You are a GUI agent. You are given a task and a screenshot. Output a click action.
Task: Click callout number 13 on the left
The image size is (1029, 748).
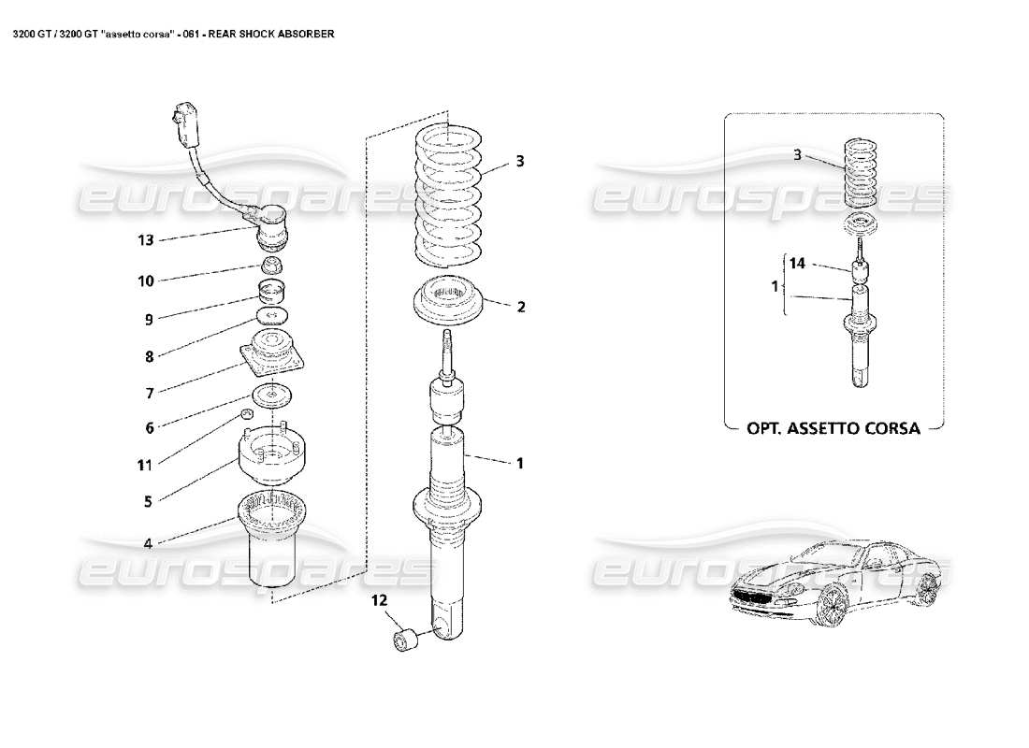point(145,240)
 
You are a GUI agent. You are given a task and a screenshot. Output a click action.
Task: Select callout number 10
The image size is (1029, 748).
point(147,280)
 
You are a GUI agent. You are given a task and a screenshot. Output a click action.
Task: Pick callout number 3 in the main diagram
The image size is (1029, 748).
point(520,162)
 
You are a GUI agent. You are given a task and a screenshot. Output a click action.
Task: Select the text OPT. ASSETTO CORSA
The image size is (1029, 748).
point(833,428)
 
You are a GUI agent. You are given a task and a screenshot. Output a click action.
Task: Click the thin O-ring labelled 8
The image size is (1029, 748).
point(270,315)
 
